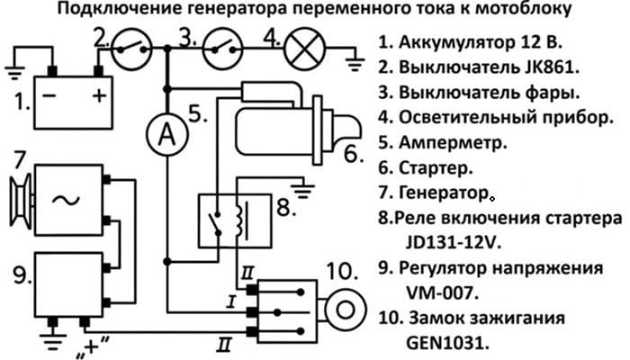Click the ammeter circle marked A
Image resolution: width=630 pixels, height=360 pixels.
pyautogui.click(x=165, y=136)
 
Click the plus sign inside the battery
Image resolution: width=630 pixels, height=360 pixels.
pyautogui.click(x=100, y=94)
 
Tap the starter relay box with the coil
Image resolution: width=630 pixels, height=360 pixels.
pyautogui.click(x=230, y=215)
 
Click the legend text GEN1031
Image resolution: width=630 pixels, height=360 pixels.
pyautogui.click(x=442, y=342)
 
